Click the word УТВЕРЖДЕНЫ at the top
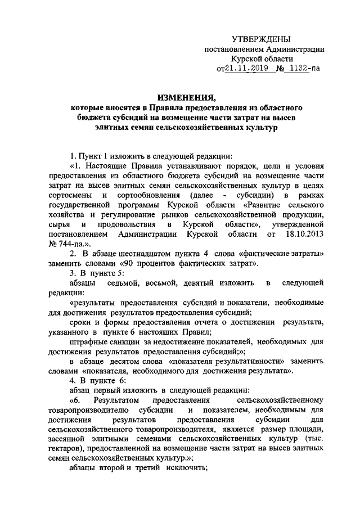(262, 39)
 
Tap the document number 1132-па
(302, 69)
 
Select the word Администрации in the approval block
(298, 49)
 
